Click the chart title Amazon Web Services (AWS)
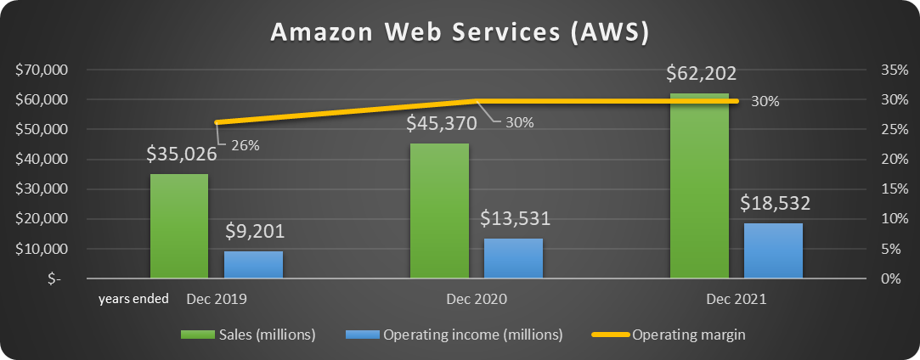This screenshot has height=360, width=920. (x=460, y=31)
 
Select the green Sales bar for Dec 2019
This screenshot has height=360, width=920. (x=179, y=227)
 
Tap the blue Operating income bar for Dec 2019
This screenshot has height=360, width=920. (x=253, y=264)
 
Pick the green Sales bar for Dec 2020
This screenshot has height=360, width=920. (x=439, y=211)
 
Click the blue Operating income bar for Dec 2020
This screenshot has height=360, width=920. (x=513, y=258)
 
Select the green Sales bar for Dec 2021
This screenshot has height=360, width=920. (x=699, y=186)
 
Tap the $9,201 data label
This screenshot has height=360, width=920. (x=254, y=232)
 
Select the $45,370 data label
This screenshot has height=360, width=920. (x=439, y=124)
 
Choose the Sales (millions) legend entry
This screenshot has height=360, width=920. (x=248, y=335)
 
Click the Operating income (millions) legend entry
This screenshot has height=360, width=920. (x=454, y=335)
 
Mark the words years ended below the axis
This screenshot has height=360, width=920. (x=133, y=299)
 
